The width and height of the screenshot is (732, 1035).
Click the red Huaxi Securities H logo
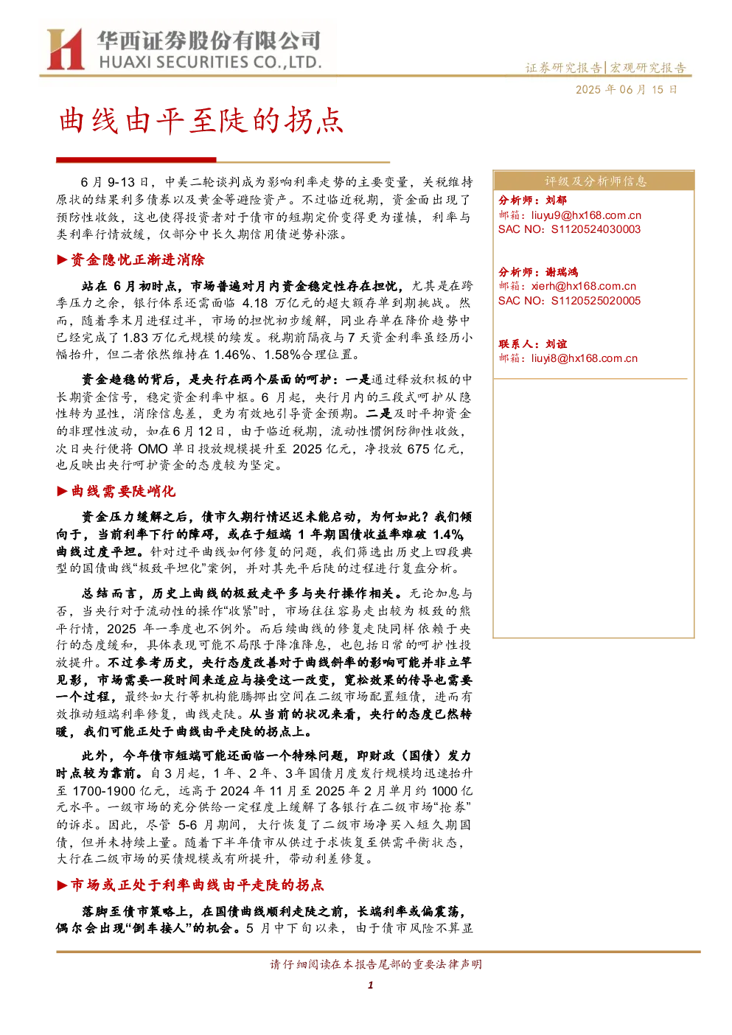tap(65, 49)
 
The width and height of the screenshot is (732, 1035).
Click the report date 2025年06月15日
tap(626, 90)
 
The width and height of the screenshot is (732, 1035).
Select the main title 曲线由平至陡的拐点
tap(201, 121)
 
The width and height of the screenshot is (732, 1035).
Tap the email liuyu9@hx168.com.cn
tap(586, 215)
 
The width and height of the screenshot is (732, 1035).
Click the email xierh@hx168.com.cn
tap(584, 287)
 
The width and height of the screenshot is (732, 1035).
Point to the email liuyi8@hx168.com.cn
tap(584, 358)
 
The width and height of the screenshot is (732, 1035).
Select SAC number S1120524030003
tap(596, 230)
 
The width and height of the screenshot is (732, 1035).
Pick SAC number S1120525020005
tap(596, 302)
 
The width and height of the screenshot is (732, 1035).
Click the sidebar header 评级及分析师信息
tap(595, 181)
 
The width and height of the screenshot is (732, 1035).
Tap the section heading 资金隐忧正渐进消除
tap(137, 260)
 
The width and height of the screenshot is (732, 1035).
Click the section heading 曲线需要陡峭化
tap(123, 491)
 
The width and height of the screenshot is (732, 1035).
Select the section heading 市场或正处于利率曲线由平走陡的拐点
tap(197, 885)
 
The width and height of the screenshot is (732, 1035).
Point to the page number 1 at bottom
tap(370, 986)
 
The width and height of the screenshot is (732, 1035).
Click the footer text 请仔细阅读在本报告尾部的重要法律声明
tap(376, 964)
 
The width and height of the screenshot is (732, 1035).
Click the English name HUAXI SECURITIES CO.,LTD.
tap(210, 63)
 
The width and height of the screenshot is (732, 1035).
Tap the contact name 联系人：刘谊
tap(532, 344)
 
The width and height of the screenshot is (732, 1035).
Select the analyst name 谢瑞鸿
tap(562, 272)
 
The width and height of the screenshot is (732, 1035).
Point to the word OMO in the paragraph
tap(153, 449)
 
